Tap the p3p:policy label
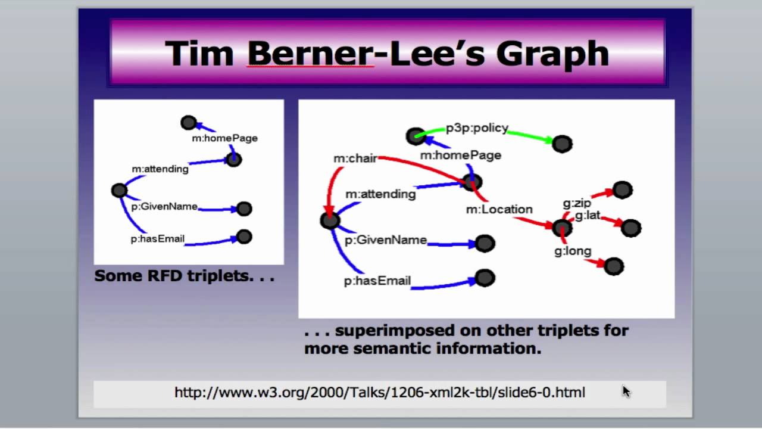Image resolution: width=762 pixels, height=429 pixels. [x=477, y=128]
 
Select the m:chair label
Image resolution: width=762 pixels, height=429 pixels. [x=355, y=158]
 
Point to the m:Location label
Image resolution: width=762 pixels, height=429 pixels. [x=499, y=209]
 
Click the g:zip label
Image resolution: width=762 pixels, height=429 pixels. [x=577, y=204]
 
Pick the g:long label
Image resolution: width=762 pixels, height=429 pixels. [x=573, y=251]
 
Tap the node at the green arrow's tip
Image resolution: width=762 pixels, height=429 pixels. [x=562, y=144]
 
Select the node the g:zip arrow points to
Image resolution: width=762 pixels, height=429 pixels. [x=622, y=190]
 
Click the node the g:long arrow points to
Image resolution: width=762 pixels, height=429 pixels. [x=614, y=266]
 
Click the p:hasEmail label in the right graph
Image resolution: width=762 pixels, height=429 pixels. [x=377, y=281]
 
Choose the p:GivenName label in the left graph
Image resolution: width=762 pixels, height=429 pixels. [x=164, y=207]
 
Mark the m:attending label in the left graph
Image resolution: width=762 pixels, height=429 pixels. [x=160, y=169]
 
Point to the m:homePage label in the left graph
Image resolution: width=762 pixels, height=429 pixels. [x=224, y=138]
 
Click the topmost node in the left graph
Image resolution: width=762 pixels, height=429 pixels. [x=189, y=123]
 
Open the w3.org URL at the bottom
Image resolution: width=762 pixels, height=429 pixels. [x=379, y=392]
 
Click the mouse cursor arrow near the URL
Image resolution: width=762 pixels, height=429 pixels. [x=626, y=391]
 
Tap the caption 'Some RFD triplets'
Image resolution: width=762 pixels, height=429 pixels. [x=184, y=276]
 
